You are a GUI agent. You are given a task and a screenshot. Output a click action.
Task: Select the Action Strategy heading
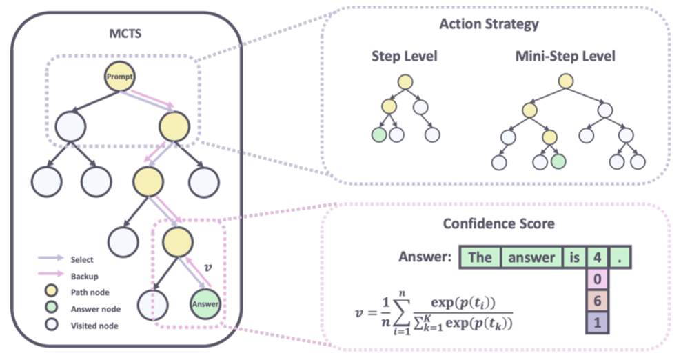pyautogui.click(x=489, y=25)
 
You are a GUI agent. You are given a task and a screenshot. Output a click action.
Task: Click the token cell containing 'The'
pyautogui.click(x=480, y=258)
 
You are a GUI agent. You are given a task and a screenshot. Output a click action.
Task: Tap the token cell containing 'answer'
pyautogui.click(x=531, y=258)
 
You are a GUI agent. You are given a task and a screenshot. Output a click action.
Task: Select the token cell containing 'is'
pyautogui.click(x=573, y=258)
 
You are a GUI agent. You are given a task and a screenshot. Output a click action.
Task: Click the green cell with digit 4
pyautogui.click(x=597, y=258)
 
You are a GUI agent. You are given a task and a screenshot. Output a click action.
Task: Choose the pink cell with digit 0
pyautogui.click(x=597, y=279)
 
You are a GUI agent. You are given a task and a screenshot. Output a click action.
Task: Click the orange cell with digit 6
pyautogui.click(x=597, y=301)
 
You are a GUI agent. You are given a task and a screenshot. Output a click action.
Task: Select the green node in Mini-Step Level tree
pyautogui.click(x=558, y=162)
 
